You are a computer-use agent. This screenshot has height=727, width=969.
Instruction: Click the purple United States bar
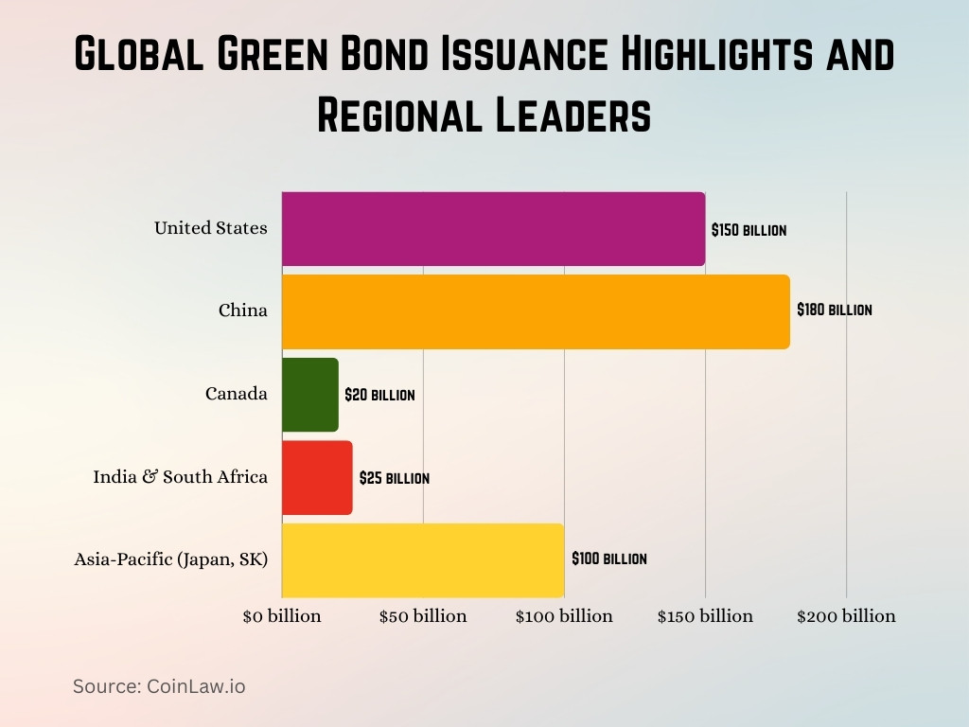pyautogui.click(x=493, y=229)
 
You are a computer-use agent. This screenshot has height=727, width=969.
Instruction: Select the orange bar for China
pyautogui.click(x=536, y=311)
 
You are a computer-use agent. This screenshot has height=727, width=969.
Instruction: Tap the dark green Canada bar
pyautogui.click(x=310, y=395)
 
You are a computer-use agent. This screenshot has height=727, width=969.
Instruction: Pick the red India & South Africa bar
pyautogui.click(x=317, y=478)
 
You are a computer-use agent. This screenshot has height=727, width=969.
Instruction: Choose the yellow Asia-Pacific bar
pyautogui.click(x=423, y=559)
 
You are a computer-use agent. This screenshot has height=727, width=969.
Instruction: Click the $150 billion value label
pyautogui.click(x=749, y=230)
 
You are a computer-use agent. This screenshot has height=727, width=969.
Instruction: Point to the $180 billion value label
pyautogui.click(x=834, y=310)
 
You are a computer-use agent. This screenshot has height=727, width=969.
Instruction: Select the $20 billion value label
pyautogui.click(x=379, y=395)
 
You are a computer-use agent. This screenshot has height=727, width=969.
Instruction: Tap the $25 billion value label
pyautogui.click(x=394, y=478)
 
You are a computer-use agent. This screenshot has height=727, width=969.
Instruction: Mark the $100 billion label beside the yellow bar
pyautogui.click(x=608, y=559)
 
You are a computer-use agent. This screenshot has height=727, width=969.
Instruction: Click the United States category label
pyautogui.click(x=211, y=228)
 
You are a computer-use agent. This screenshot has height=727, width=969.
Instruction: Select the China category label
pyautogui.click(x=243, y=310)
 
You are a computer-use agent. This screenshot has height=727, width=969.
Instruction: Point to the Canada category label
pyautogui.click(x=237, y=394)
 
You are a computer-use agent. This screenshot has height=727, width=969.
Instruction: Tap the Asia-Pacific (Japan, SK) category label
pyautogui.click(x=171, y=559)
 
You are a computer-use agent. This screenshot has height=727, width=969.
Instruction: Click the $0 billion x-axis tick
pyautogui.click(x=282, y=616)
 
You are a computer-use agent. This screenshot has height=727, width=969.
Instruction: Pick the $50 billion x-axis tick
pyautogui.click(x=423, y=616)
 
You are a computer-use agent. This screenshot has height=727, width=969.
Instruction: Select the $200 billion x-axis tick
pyautogui.click(x=846, y=616)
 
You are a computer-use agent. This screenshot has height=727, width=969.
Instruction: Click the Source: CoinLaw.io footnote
pyautogui.click(x=159, y=686)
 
